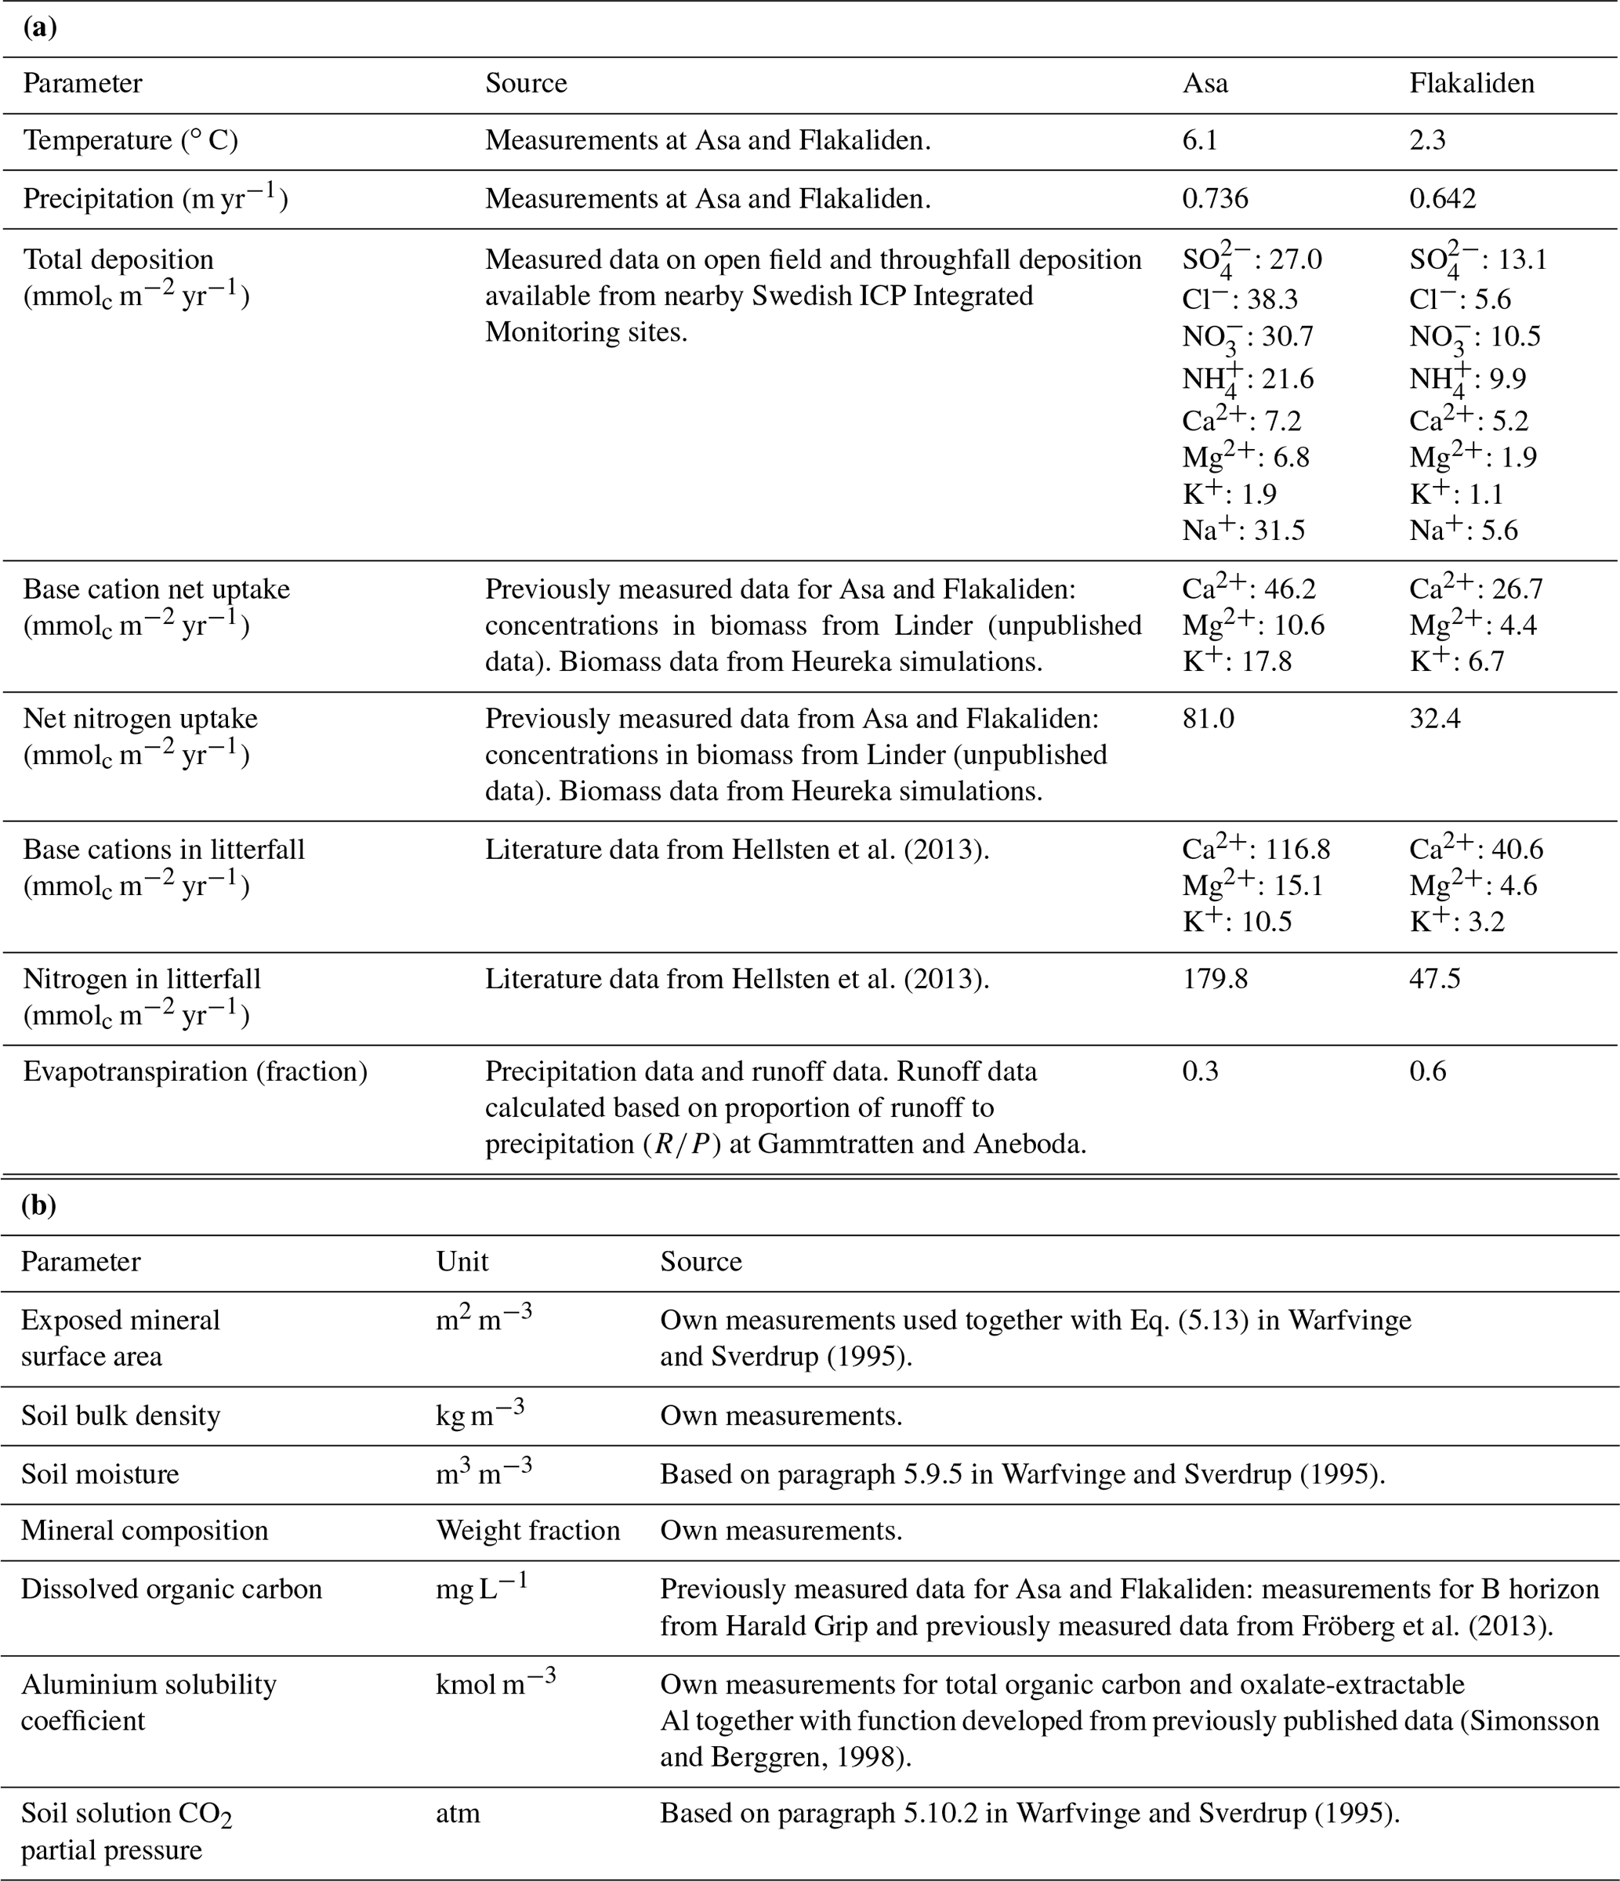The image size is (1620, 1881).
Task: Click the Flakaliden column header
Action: click(x=1471, y=84)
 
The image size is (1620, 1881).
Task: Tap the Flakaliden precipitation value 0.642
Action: click(x=1442, y=199)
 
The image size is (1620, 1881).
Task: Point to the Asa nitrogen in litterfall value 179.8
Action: click(x=1214, y=979)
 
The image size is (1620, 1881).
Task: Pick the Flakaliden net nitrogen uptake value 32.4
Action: click(x=1435, y=719)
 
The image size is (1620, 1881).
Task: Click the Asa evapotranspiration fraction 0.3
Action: click(x=1200, y=1071)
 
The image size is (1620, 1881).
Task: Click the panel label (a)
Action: click(x=39, y=27)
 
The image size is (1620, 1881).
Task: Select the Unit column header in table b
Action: click(x=462, y=1262)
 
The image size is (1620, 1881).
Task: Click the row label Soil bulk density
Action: click(x=121, y=1416)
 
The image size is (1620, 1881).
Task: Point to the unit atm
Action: click(x=458, y=1813)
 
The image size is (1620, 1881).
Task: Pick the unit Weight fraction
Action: click(x=528, y=1531)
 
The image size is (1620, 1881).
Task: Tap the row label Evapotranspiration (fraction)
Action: click(x=195, y=1071)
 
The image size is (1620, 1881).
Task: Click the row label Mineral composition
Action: click(x=144, y=1531)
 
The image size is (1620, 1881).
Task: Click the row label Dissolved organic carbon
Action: click(x=172, y=1589)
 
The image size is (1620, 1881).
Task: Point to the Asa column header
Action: click(x=1205, y=84)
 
